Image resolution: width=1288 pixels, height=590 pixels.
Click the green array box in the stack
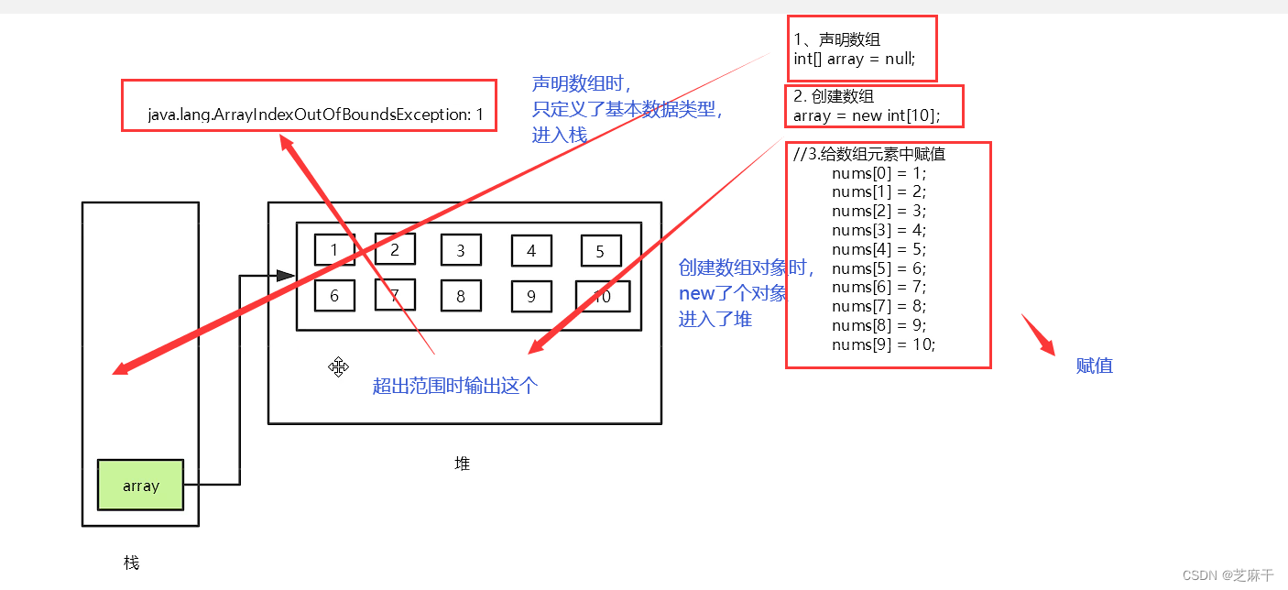141,485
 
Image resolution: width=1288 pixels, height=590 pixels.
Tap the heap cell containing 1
334,249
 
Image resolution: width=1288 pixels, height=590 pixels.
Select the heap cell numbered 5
601,251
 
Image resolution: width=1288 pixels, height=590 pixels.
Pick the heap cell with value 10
602,296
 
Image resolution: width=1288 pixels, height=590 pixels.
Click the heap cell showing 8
461,296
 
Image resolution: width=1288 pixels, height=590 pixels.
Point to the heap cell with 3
461,250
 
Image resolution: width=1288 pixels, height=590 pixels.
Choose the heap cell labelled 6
334,296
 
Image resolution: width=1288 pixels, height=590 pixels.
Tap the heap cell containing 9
531,296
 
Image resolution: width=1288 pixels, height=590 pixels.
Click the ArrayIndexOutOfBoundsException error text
315,115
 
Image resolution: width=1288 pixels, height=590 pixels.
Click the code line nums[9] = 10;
883,344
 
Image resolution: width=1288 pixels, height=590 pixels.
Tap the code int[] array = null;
854,59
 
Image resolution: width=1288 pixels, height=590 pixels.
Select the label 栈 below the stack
131,563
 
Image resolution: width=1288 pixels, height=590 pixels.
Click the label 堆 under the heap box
463,464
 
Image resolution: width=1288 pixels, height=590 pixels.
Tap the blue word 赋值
1094,366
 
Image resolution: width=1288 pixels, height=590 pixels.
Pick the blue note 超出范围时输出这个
455,386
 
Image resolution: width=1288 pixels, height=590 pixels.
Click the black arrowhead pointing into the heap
285,275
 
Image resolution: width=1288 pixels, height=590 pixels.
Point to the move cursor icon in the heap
338,367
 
